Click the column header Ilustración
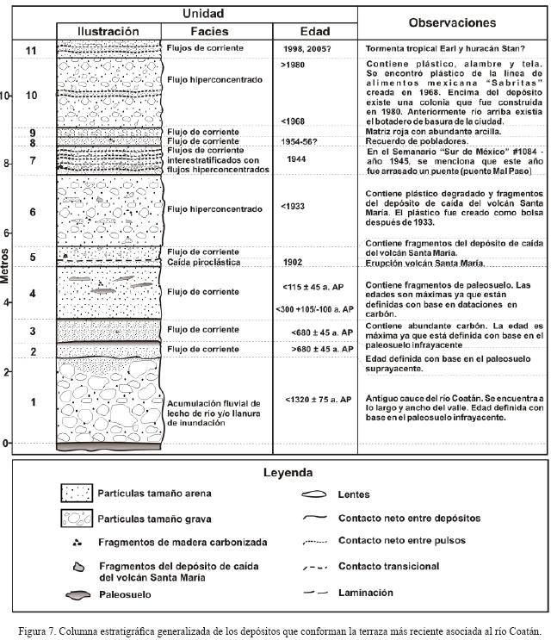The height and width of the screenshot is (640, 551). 108,31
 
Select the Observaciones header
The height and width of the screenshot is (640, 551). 451,23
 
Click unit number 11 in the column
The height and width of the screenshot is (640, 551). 32,51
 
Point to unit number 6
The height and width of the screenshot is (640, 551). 32,212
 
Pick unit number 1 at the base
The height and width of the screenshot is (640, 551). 32,402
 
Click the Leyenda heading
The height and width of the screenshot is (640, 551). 288,473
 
